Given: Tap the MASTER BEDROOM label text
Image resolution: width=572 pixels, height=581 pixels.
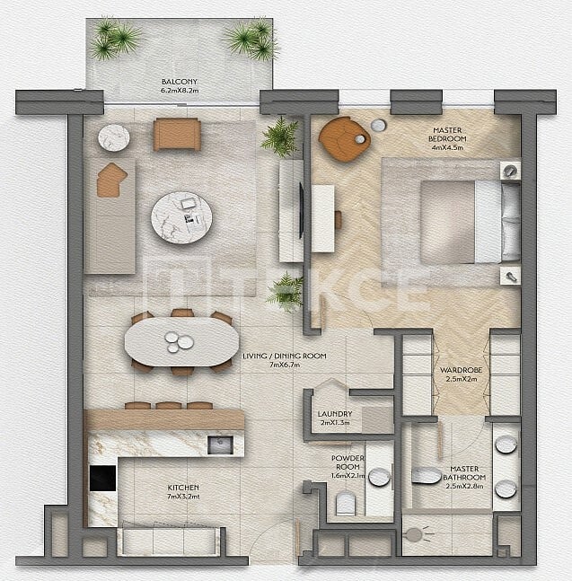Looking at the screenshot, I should (x=446, y=135).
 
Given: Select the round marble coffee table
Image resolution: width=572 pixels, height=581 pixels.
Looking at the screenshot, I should (x=181, y=218).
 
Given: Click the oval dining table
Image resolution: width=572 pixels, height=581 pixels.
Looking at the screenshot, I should (x=181, y=342).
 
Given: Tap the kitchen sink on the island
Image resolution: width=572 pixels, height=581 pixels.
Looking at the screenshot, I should (x=220, y=445).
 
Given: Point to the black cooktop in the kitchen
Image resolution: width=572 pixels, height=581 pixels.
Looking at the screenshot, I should (x=102, y=479).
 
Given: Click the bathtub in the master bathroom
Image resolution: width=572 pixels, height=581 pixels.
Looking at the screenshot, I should (x=427, y=475).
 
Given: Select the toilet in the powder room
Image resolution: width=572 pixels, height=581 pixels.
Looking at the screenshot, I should (x=346, y=505).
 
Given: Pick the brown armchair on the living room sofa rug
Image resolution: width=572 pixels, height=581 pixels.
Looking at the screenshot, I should (x=111, y=180).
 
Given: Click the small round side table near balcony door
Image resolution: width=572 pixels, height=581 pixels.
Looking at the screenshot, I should (x=114, y=137).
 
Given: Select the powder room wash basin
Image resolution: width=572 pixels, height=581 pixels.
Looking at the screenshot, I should (x=379, y=477).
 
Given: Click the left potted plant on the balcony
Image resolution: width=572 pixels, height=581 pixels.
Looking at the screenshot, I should (x=115, y=39).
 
